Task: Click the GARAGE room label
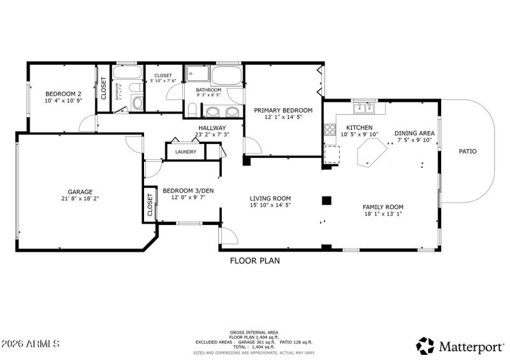[x=80, y=192]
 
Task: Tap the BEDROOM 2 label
[x=62, y=93]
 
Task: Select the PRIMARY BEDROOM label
[x=283, y=110]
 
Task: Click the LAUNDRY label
[x=186, y=152]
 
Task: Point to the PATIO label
[x=468, y=152]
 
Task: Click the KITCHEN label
[x=359, y=127]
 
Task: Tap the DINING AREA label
[x=414, y=133]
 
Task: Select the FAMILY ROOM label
[x=382, y=207]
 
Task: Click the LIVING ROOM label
[x=270, y=198]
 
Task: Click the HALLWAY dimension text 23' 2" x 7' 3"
[x=212, y=135]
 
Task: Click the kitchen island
[x=372, y=154]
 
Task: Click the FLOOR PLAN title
[x=254, y=261]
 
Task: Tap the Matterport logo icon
[x=425, y=346]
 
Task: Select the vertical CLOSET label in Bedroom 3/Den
[x=150, y=204]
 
